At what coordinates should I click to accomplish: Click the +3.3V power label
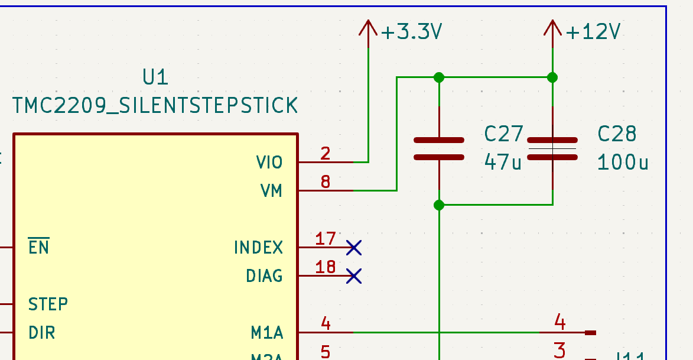click(x=412, y=32)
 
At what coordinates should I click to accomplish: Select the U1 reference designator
click(x=155, y=77)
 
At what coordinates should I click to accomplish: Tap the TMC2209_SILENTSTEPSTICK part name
click(x=155, y=106)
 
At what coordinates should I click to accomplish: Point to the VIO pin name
click(x=269, y=162)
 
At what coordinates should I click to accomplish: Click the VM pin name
click(x=271, y=191)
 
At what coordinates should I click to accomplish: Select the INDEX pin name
click(x=258, y=247)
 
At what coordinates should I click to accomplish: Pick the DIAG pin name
click(x=264, y=276)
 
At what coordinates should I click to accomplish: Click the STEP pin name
click(x=48, y=304)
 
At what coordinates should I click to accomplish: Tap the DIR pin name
click(x=41, y=333)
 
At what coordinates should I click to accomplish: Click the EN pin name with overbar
click(x=38, y=247)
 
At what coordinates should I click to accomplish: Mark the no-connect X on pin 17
click(x=353, y=248)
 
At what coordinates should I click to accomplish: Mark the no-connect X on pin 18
click(x=353, y=276)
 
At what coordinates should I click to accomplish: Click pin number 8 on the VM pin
click(x=326, y=182)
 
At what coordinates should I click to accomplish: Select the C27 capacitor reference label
click(x=503, y=134)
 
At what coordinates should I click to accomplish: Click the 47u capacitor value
click(x=503, y=161)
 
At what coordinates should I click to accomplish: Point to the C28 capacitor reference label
click(x=617, y=134)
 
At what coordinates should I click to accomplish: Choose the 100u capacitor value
click(x=623, y=162)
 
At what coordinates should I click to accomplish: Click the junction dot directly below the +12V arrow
click(x=552, y=77)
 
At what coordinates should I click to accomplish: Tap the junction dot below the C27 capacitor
click(x=438, y=205)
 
